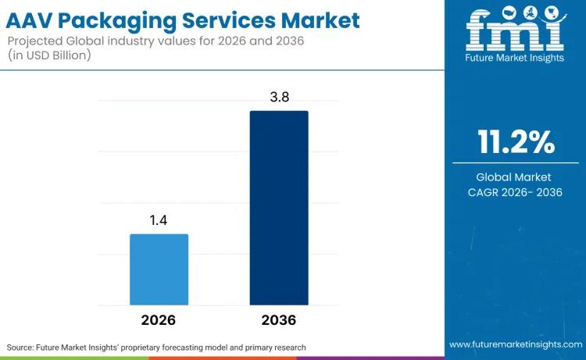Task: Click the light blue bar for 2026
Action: pyautogui.click(x=159, y=269)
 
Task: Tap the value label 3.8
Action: pyautogui.click(x=279, y=97)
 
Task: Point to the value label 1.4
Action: pyautogui.click(x=159, y=220)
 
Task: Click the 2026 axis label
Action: pyautogui.click(x=159, y=320)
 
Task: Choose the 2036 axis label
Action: pyautogui.click(x=279, y=320)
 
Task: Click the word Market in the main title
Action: pyautogui.click(x=323, y=20)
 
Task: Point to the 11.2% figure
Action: pyautogui.click(x=516, y=142)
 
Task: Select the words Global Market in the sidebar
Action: pyautogui.click(x=516, y=177)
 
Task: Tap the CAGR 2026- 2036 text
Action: pyautogui.click(x=516, y=192)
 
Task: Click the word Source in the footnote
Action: pyautogui.click(x=22, y=346)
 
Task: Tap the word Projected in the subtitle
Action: pyautogui.click(x=36, y=41)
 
